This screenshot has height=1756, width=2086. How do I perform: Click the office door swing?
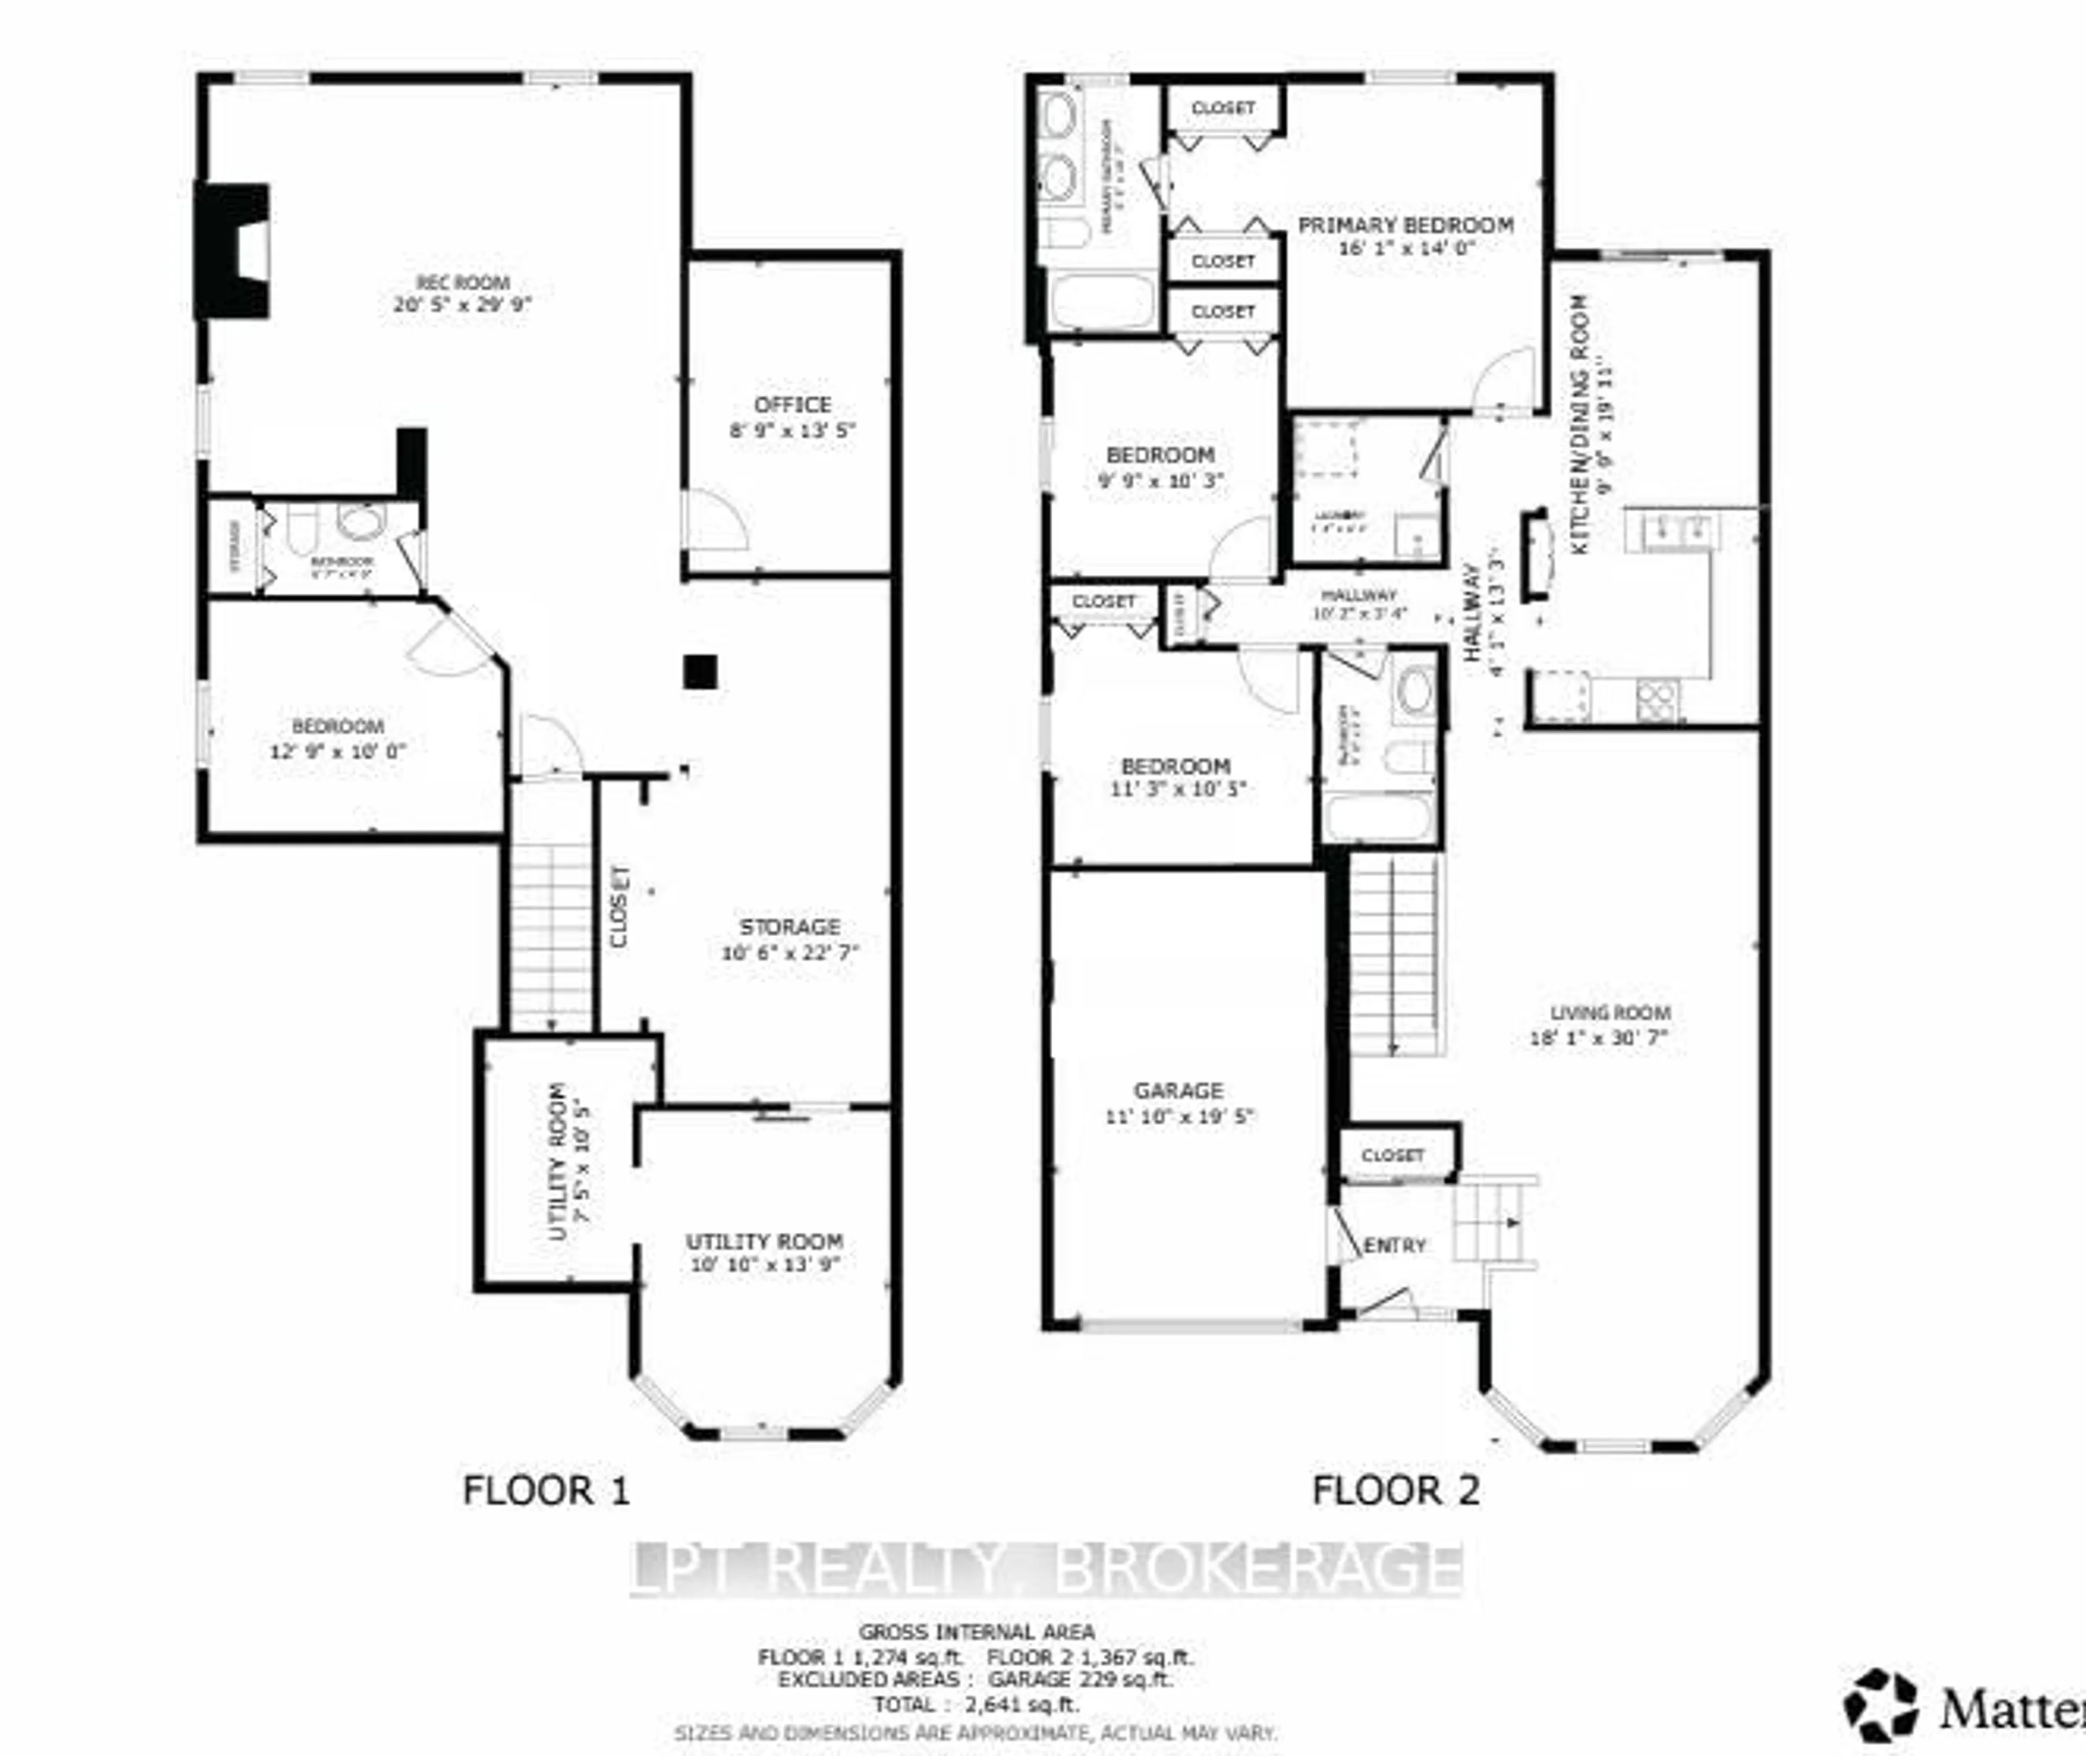click(x=713, y=519)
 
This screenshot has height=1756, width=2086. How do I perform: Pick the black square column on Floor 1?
click(x=701, y=672)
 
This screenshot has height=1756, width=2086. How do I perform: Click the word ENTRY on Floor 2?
click(x=1394, y=1245)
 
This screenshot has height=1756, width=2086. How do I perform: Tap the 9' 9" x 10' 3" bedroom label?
click(x=1160, y=468)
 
